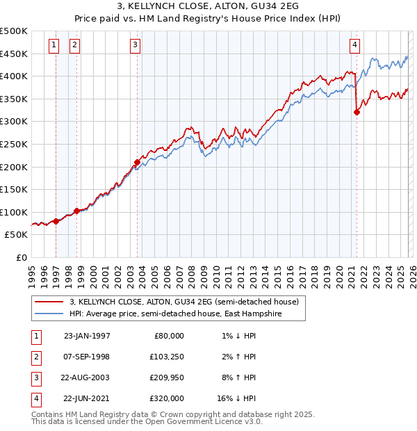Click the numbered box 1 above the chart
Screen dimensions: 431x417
54,46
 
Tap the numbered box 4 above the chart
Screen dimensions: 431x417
354,46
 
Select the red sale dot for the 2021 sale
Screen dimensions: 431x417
357,112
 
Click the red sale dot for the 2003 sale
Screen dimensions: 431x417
137,162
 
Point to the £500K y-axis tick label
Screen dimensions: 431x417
14,31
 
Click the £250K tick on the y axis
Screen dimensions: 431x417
14,145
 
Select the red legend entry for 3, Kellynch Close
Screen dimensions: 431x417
183,302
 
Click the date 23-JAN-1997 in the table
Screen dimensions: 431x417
87,336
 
